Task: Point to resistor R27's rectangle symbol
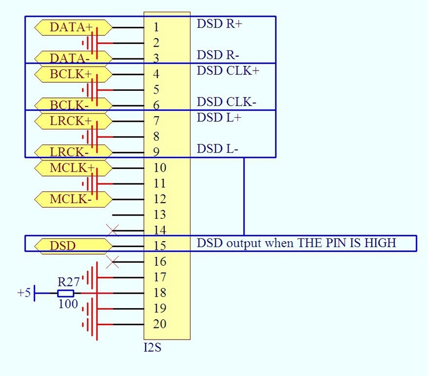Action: click(66, 293)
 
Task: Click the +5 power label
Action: click(24, 293)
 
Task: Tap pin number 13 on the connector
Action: click(159, 215)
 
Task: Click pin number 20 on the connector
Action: click(159, 324)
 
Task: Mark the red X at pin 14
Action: click(112, 231)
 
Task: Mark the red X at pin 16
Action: click(112, 262)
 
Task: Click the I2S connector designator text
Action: click(152, 348)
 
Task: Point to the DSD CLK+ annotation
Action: click(227, 71)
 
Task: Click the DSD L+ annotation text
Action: click(219, 118)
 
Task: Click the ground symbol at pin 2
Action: click(92, 43)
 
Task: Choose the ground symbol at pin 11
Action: click(92, 183)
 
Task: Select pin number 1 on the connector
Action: click(156, 27)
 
